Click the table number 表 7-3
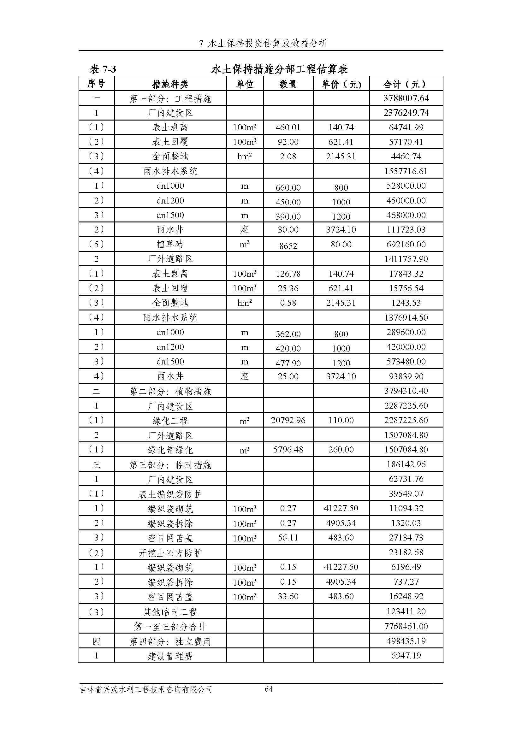point(103,69)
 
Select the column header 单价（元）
point(341,84)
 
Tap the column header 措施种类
point(170,84)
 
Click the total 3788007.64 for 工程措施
point(406,98)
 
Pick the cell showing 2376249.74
point(406,113)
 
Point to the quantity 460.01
point(288,127)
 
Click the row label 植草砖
point(170,244)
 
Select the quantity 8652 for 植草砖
point(288,246)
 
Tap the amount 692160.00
point(406,244)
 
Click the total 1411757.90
point(406,259)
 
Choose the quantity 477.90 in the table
point(288,363)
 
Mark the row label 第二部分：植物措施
point(170,391)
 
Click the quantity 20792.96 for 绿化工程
point(288,420)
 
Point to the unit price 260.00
point(341,449)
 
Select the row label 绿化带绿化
point(170,450)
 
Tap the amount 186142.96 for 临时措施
point(406,464)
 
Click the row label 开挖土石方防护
point(170,553)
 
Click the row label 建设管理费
point(170,656)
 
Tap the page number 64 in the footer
point(269,689)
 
